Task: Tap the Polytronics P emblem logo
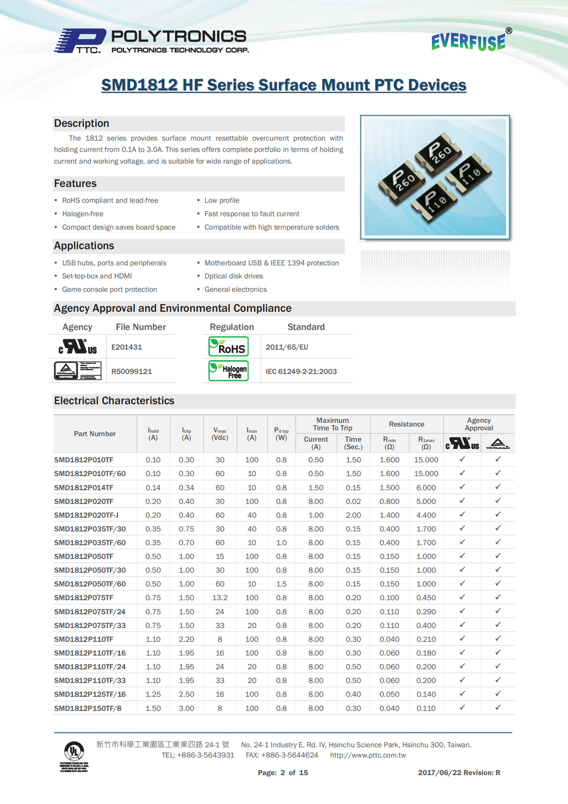[80, 41]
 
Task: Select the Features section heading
[75, 183]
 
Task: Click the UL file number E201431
[127, 347]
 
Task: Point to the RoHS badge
[228, 347]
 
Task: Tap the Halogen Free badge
[228, 371]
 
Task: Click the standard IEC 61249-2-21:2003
[301, 371]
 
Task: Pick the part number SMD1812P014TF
[84, 487]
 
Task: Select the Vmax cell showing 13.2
[220, 598]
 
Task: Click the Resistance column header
[406, 424]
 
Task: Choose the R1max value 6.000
[426, 487]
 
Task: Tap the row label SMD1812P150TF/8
[88, 708]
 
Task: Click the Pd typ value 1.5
[281, 584]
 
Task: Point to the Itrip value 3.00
[186, 708]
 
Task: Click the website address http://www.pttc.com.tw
[368, 755]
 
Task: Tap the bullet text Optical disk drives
[234, 276]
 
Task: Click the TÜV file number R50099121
[132, 371]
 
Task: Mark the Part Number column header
[95, 434]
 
